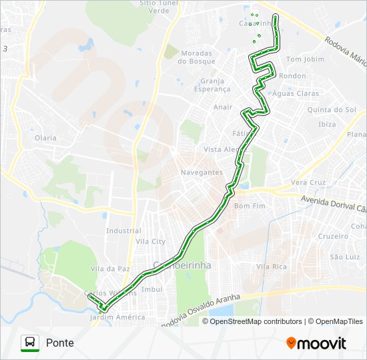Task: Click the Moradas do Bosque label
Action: [x=196, y=57]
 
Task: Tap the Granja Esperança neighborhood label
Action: [x=212, y=85]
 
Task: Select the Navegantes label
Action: [x=202, y=172]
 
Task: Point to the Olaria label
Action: [x=46, y=138]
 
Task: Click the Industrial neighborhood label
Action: [x=123, y=231]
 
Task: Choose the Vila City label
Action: [x=150, y=241]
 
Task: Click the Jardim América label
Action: [x=117, y=317]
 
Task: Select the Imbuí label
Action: [x=152, y=289]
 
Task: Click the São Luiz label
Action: [x=345, y=257]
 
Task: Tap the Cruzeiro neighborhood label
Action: [x=333, y=236]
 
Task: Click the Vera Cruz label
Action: [x=308, y=183]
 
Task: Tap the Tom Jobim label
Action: [x=304, y=59]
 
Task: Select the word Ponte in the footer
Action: [x=60, y=343]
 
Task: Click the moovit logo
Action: [x=316, y=343]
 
